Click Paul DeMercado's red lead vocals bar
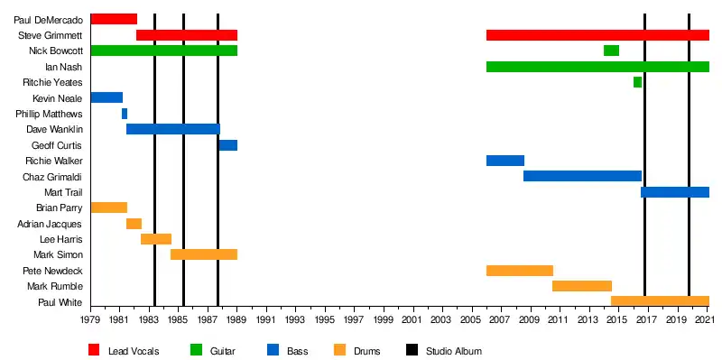point(114,19)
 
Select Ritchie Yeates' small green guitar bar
point(637,82)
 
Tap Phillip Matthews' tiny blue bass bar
point(125,114)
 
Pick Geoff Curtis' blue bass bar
point(228,145)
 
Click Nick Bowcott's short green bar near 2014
point(611,51)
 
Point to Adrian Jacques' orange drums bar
point(134,224)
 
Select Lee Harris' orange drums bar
point(156,239)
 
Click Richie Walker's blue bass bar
point(505,161)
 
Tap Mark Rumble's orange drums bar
point(582,286)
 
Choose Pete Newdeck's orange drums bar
point(520,271)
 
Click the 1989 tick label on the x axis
point(236,319)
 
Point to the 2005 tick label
point(471,319)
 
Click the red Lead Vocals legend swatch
point(94,350)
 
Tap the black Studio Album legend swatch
point(412,350)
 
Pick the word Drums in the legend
point(367,351)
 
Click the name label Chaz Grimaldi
point(52,177)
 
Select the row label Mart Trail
point(63,192)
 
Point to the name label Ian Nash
point(63,67)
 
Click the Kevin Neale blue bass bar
point(106,97)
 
